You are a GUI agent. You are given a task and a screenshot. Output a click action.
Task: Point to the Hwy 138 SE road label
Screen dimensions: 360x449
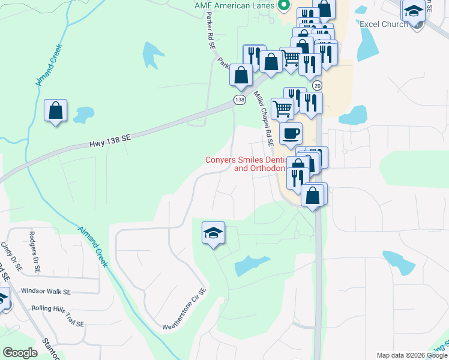click(x=110, y=140)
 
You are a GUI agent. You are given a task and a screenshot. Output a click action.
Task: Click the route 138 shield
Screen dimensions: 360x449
click(x=240, y=100)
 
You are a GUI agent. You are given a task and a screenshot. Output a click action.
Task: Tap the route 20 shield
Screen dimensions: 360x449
click(x=317, y=86)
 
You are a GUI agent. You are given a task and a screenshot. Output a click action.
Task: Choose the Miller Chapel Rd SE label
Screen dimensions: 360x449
click(x=264, y=119)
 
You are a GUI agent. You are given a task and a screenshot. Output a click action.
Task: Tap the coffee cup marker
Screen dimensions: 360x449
click(x=291, y=133)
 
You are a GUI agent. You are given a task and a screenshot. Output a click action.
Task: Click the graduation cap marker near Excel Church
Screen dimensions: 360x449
click(x=414, y=11)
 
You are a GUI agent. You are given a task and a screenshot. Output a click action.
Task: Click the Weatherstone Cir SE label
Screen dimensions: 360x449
click(x=184, y=310)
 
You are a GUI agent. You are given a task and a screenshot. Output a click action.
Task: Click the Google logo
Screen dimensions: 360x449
click(x=20, y=352)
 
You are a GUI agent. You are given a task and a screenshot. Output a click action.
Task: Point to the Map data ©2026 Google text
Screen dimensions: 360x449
click(x=412, y=355)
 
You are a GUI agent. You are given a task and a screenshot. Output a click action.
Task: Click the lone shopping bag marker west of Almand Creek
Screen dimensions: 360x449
click(x=56, y=111)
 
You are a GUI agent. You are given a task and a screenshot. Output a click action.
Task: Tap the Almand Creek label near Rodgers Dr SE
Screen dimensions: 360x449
click(x=94, y=246)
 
